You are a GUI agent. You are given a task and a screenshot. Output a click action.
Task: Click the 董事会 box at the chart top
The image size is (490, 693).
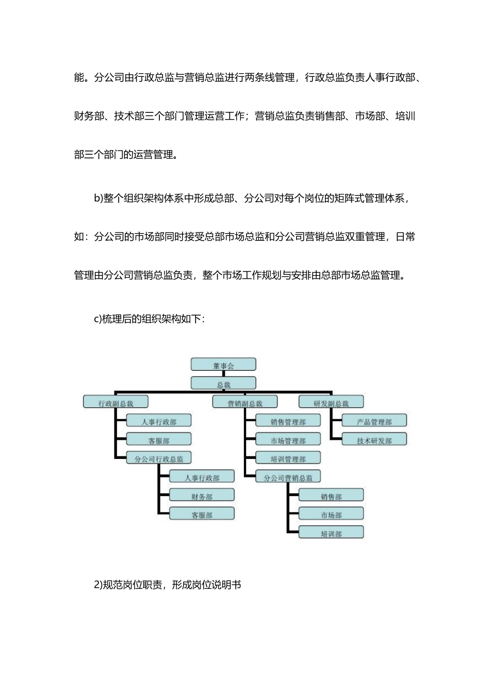coord(223,365)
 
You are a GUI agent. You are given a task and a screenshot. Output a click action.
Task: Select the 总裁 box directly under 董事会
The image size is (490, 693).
coord(223,384)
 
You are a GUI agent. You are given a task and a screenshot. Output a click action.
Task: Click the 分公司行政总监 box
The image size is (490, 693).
coord(159,458)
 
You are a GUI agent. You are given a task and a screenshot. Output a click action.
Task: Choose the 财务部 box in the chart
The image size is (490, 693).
coord(202,496)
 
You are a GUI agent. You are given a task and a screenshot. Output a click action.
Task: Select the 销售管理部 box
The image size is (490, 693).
coord(288,421)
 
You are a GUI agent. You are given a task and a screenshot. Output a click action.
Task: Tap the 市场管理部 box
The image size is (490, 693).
coord(288,440)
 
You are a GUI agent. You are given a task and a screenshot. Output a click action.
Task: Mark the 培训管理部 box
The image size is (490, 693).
coord(288,458)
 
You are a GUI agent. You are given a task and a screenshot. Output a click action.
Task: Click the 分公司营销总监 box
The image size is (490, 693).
coord(288,477)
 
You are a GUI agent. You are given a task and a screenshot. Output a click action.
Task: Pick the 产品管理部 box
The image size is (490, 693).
coord(374,421)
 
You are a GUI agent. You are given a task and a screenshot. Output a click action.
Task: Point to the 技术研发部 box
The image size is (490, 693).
coord(374,440)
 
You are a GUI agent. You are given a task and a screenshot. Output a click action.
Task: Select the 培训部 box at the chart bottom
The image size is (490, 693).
coord(331,533)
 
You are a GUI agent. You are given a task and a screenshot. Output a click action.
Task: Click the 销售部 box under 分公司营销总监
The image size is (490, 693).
coord(331,496)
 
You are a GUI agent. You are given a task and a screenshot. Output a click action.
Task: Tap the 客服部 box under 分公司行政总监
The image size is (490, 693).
coord(202,515)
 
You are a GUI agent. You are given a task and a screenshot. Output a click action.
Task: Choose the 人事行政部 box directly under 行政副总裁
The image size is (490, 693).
coord(159,421)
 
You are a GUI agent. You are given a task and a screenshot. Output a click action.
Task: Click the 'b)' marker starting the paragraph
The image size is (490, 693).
coord(98,199)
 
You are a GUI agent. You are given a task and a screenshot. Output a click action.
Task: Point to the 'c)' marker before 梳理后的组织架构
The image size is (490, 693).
coord(97,319)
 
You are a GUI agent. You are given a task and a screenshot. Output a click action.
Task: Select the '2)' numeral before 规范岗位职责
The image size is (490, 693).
coord(98,585)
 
